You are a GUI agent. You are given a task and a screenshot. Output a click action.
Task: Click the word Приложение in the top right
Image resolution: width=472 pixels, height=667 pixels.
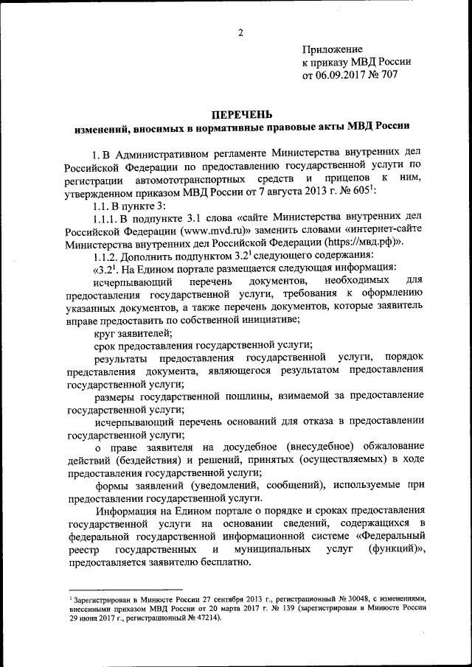click(x=332, y=49)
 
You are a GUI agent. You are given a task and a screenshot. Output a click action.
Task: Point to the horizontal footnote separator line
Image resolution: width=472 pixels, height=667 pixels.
click(x=124, y=590)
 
